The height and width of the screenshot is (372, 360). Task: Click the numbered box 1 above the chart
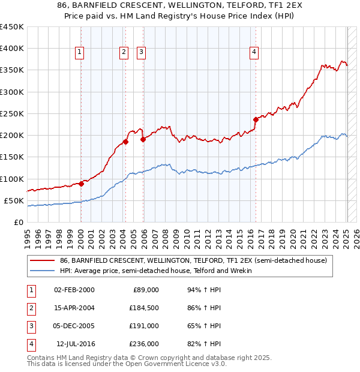tap(79, 53)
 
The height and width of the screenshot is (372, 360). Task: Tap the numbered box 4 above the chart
tap(254, 53)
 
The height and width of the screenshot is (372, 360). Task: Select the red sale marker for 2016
tap(256, 119)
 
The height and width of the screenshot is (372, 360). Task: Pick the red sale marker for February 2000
tap(81, 184)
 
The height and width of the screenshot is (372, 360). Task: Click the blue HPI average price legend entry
tap(155, 271)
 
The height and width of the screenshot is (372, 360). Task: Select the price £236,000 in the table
tap(145, 344)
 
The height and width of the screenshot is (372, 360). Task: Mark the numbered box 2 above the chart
tap(124, 53)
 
